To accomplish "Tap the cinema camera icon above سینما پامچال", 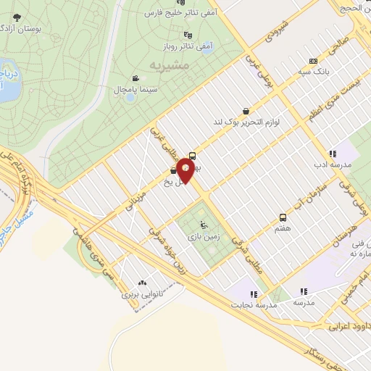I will [136, 78].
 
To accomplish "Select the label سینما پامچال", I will [130, 89].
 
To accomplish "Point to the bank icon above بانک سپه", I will [313, 62].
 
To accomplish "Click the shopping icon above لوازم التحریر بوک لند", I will [247, 112].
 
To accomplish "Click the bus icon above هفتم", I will [282, 217].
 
